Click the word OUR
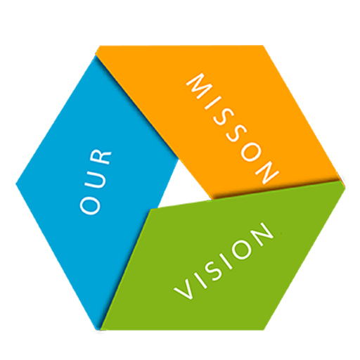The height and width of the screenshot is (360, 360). click(x=96, y=181)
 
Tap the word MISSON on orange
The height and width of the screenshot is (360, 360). click(x=233, y=128)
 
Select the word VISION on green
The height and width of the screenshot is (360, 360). click(x=224, y=261)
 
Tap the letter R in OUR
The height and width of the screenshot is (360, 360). click(x=101, y=157)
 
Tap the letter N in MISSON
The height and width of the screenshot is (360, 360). click(x=267, y=172)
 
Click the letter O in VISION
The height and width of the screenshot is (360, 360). click(x=241, y=249)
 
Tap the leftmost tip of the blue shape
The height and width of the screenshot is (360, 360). click(x=16, y=184)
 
